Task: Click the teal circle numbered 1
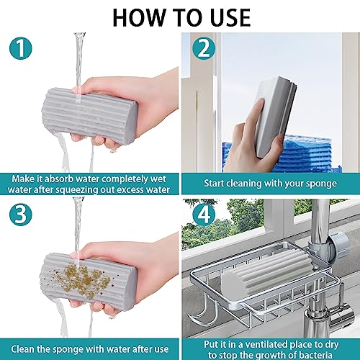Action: [x=21, y=48]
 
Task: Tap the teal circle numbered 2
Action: [x=204, y=48]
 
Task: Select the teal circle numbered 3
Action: [x=21, y=215]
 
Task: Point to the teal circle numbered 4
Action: [x=204, y=215]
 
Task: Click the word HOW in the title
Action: [x=139, y=18]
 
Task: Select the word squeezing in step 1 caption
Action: [x=76, y=189]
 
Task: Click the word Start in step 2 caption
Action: [x=214, y=184]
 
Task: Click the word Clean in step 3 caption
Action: [x=22, y=349]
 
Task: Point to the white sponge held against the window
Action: [x=276, y=115]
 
